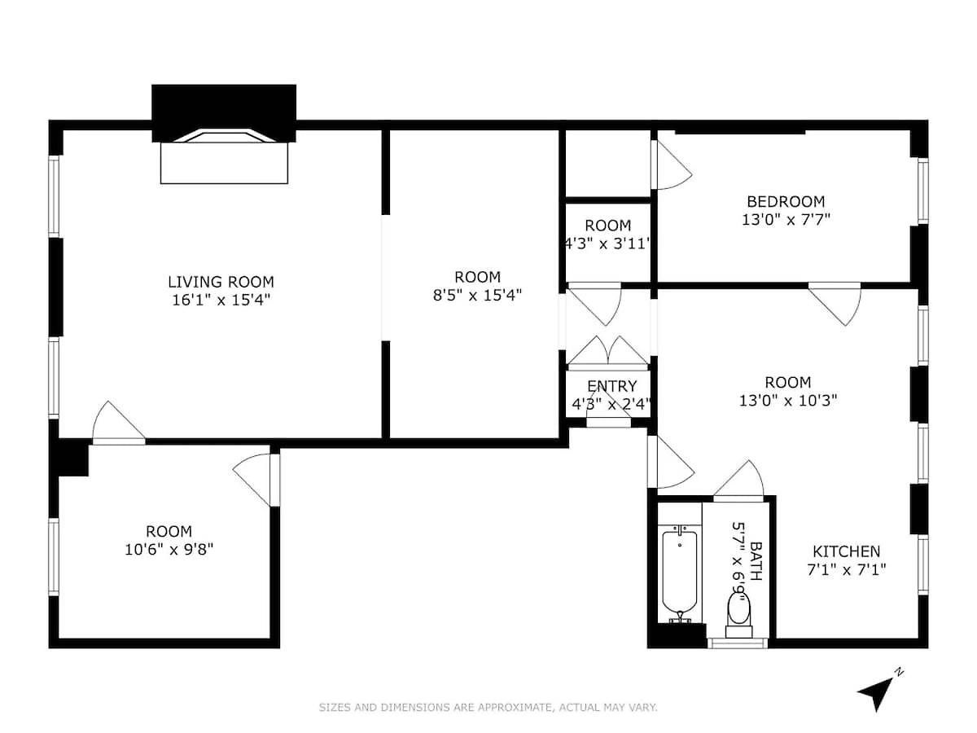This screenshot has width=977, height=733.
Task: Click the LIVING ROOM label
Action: [221, 282]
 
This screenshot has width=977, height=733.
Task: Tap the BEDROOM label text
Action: [786, 202]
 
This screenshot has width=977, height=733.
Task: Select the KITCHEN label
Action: [846, 551]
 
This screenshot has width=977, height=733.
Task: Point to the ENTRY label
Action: [612, 386]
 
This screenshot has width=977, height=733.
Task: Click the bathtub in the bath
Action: [680, 573]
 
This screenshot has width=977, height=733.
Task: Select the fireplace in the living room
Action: [224, 134]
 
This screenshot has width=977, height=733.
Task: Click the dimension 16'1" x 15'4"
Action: [221, 300]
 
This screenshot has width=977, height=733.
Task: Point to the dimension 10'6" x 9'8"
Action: [169, 549]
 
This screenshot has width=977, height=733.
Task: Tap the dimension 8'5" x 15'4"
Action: [477, 295]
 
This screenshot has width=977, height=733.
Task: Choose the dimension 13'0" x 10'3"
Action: [788, 401]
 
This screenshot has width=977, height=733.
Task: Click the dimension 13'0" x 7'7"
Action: [786, 220]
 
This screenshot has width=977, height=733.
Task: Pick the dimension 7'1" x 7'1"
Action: [847, 569]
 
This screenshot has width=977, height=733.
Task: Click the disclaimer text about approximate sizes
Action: [488, 707]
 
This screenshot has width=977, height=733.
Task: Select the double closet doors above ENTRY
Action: [608, 353]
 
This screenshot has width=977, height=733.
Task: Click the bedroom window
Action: [923, 191]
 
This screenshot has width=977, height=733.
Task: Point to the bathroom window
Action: [738, 643]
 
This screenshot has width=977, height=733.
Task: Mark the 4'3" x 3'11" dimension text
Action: [608, 244]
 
